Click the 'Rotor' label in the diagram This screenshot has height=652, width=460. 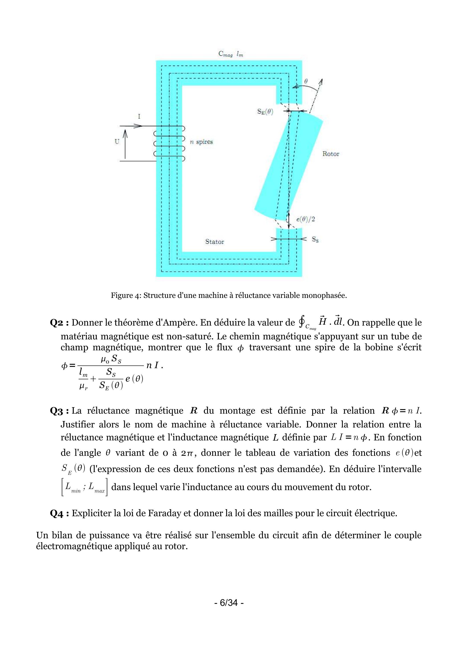tap(331, 154)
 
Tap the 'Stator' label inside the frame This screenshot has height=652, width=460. tap(214, 242)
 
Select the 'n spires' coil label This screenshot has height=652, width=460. tap(201, 142)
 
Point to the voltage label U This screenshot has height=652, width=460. tap(117, 141)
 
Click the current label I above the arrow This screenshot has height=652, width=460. tap(139, 116)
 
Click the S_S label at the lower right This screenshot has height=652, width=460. tap(315, 240)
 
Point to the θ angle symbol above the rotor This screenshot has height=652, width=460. tap(306, 81)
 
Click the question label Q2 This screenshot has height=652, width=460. tap(59, 323)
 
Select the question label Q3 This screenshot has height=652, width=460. tap(59, 411)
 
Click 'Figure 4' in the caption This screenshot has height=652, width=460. tap(125, 296)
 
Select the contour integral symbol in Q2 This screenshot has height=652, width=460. tap(301, 322)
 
